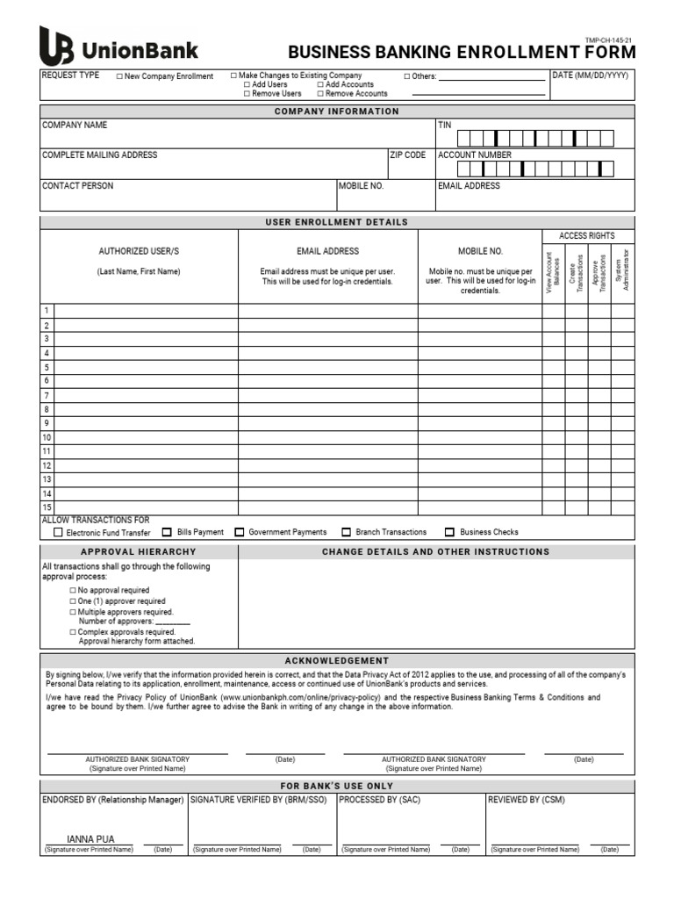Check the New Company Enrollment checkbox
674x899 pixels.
coord(120,76)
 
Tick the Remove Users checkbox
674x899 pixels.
coord(247,93)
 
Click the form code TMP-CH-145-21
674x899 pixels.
coord(608,40)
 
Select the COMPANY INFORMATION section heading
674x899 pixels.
coord(336,111)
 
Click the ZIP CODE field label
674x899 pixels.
coord(408,155)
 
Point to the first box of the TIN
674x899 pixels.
coord(464,137)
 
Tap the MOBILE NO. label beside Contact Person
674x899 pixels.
coord(362,186)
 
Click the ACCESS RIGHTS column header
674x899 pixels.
coord(587,236)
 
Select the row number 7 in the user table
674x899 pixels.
coord(47,396)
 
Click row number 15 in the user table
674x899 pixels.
coord(47,508)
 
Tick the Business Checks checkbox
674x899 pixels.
coord(450,532)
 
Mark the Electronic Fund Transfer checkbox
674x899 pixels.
coord(59,532)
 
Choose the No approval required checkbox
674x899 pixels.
coord(74,591)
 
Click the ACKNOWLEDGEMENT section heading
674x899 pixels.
coord(336,660)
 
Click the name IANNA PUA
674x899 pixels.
coord(91,839)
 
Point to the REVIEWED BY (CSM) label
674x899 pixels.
coord(527,800)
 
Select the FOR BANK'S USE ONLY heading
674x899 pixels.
coord(336,786)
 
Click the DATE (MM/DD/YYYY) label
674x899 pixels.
coord(591,76)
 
